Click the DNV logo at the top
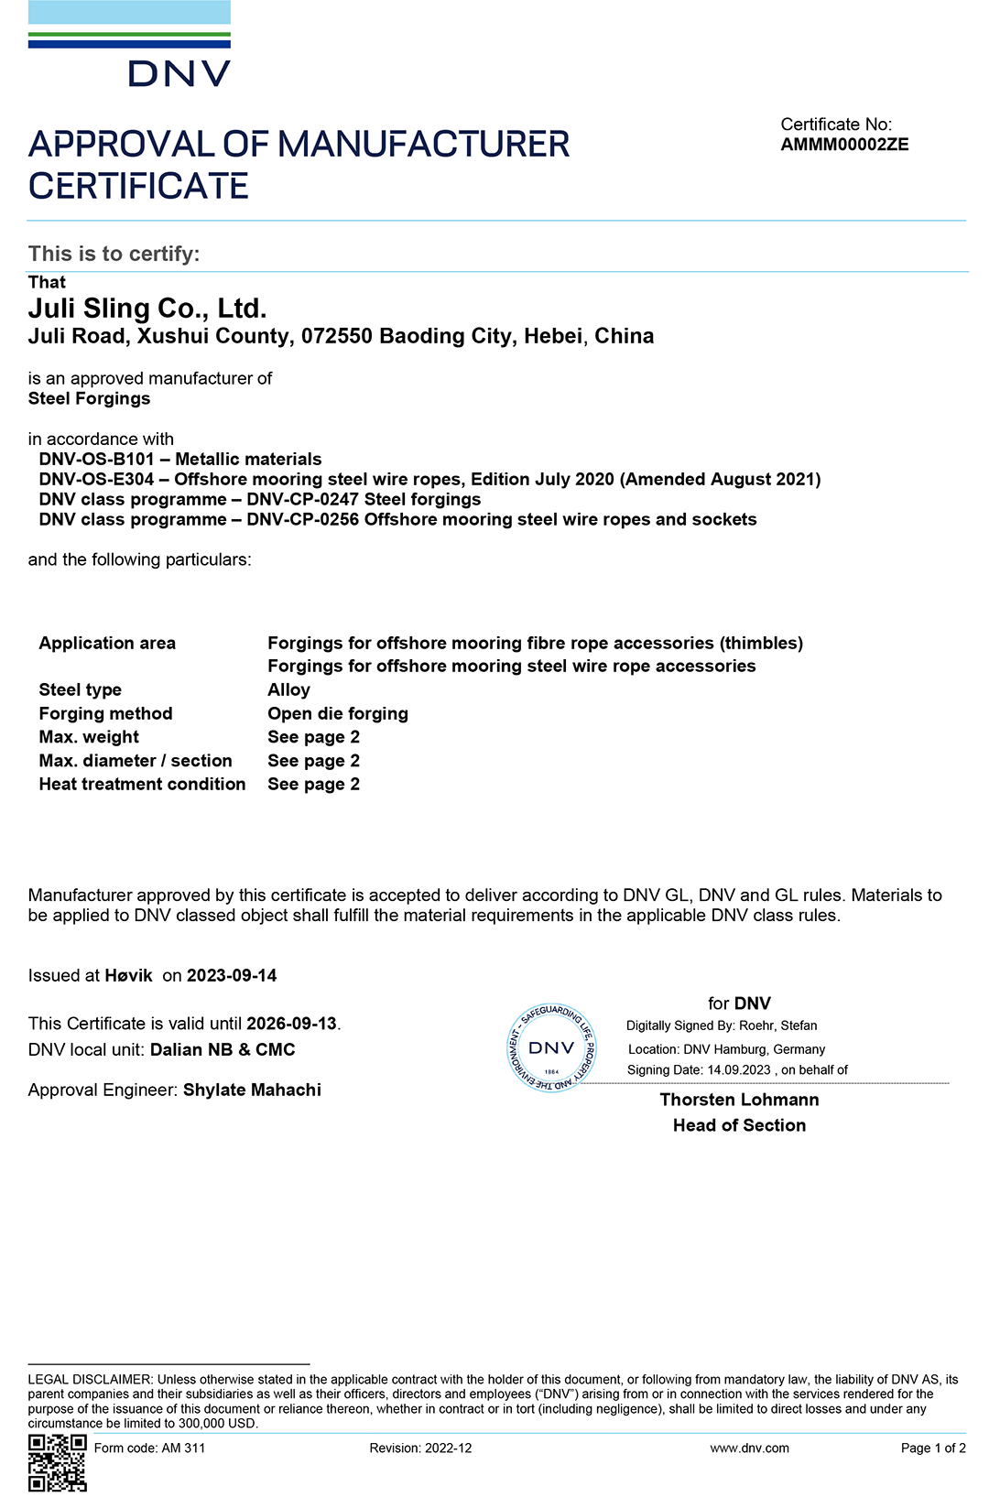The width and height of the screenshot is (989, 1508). pyautogui.click(x=129, y=46)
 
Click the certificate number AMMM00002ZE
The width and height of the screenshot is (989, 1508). pyautogui.click(x=844, y=145)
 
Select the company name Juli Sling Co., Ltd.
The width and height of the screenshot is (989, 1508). pyautogui.click(x=147, y=309)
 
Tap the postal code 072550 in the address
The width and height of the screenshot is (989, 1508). pyautogui.click(x=336, y=336)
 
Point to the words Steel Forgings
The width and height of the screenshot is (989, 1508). pyautogui.click(x=89, y=398)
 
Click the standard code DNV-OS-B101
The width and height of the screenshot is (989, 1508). pyautogui.click(x=96, y=459)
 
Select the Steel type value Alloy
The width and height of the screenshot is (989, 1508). pyautogui.click(x=288, y=689)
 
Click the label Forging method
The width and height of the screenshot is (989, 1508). pyautogui.click(x=105, y=713)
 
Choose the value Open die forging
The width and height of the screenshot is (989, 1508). pyautogui.click(x=337, y=713)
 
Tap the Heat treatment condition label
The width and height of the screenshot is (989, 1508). pyautogui.click(x=142, y=784)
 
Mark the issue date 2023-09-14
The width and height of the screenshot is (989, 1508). pyautogui.click(x=232, y=975)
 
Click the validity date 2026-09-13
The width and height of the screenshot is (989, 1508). pyautogui.click(x=291, y=1024)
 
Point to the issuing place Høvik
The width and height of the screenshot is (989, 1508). pyautogui.click(x=128, y=975)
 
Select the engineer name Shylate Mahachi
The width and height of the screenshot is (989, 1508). pyautogui.click(x=252, y=1090)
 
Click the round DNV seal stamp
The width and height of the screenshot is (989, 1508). pyautogui.click(x=551, y=1048)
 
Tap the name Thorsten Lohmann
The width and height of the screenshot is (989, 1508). pyautogui.click(x=739, y=1100)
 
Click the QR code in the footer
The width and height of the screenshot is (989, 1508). pyautogui.click(x=57, y=1462)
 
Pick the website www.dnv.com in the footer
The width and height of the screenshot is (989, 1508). pyautogui.click(x=749, y=1448)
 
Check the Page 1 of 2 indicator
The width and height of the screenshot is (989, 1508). pyautogui.click(x=932, y=1448)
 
